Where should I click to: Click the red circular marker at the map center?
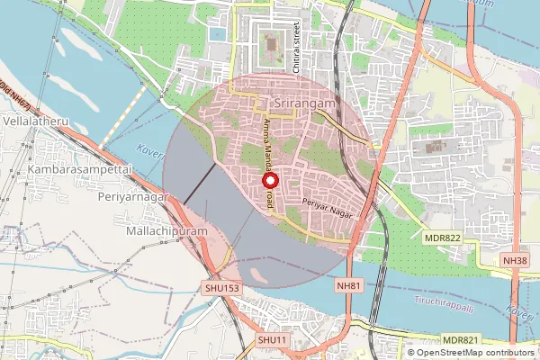click(x=269, y=180)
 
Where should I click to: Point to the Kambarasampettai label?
click(x=79, y=169)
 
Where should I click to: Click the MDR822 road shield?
click(x=442, y=237)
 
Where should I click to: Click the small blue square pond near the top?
click(x=217, y=34)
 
